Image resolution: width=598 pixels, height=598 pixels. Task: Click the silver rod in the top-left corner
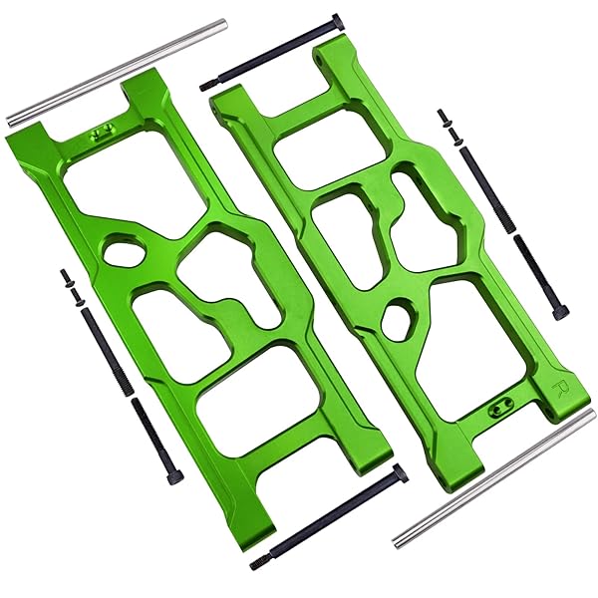tap(118, 73)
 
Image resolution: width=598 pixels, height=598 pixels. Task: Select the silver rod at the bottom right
tap(494, 477)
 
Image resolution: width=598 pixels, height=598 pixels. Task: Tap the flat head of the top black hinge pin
tap(339, 21)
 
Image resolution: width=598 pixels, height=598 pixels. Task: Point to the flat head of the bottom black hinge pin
tap(400, 472)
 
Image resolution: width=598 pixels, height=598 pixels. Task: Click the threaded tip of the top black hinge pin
tap(206, 86)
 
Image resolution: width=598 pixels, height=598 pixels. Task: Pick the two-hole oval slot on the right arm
tap(499, 409)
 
